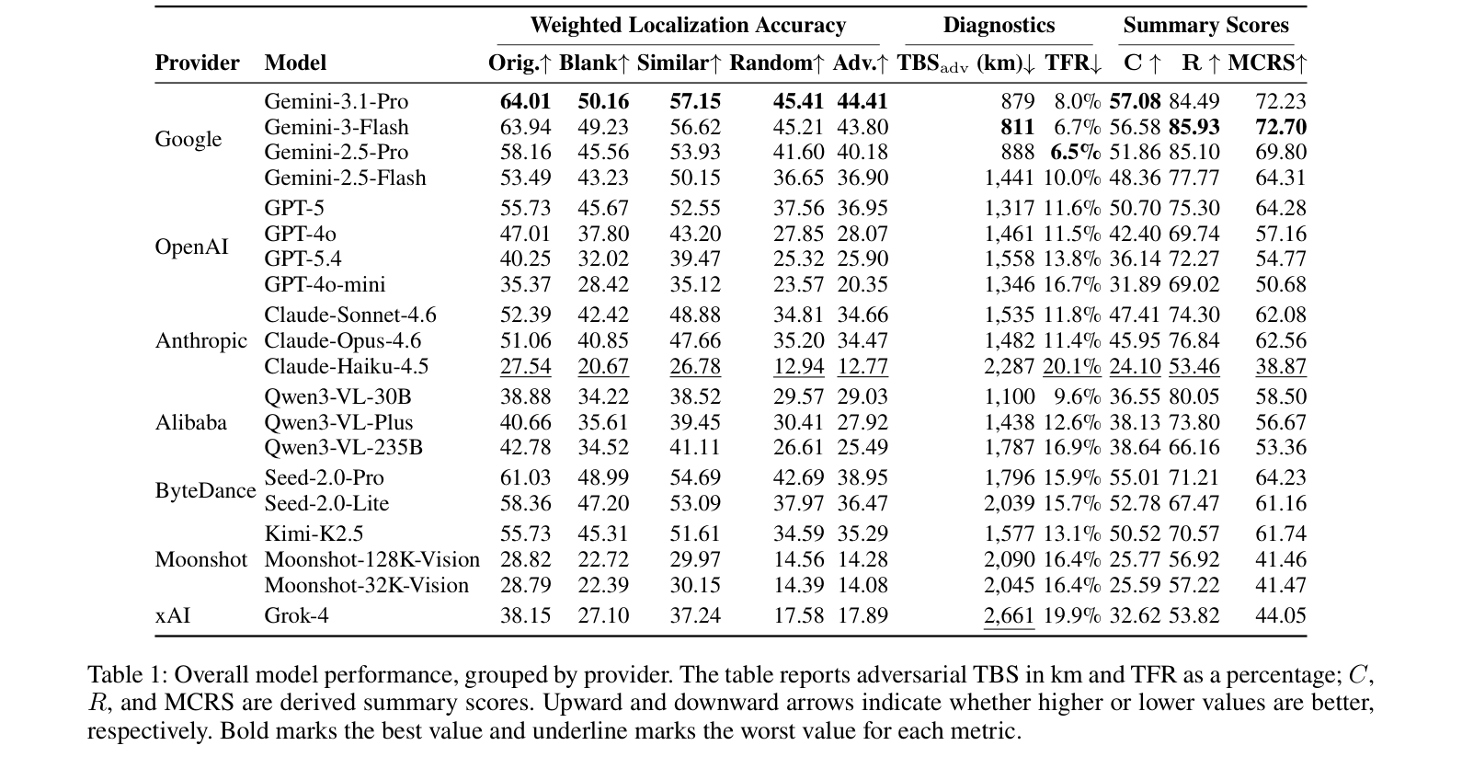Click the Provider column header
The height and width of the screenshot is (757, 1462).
coord(197,63)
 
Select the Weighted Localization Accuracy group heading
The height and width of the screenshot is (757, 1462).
coord(688,25)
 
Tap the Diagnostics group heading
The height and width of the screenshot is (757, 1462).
coord(999,25)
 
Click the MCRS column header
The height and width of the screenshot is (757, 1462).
coord(1267,63)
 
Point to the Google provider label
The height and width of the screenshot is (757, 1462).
coord(188,139)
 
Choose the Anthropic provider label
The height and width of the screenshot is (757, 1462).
coord(201,341)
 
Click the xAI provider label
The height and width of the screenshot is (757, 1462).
coord(172,615)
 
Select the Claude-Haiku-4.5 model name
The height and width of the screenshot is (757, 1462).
coord(346,366)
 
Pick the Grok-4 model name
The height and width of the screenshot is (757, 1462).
coord(296,615)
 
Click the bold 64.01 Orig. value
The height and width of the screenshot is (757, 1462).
coord(525,101)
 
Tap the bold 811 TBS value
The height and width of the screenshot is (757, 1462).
coord(1018,127)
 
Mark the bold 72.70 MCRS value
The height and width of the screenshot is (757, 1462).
coord(1281,127)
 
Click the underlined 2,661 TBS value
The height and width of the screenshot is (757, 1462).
coord(1009,615)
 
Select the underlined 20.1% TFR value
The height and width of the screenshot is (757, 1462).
coord(1072,366)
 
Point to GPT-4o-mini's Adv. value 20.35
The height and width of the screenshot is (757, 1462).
coord(862,285)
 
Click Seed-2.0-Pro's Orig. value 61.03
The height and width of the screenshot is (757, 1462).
coord(525,477)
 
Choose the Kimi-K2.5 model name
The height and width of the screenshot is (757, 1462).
coord(314,533)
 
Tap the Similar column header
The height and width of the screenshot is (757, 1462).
coord(680,63)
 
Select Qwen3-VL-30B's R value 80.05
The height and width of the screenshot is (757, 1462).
coord(1194,396)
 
